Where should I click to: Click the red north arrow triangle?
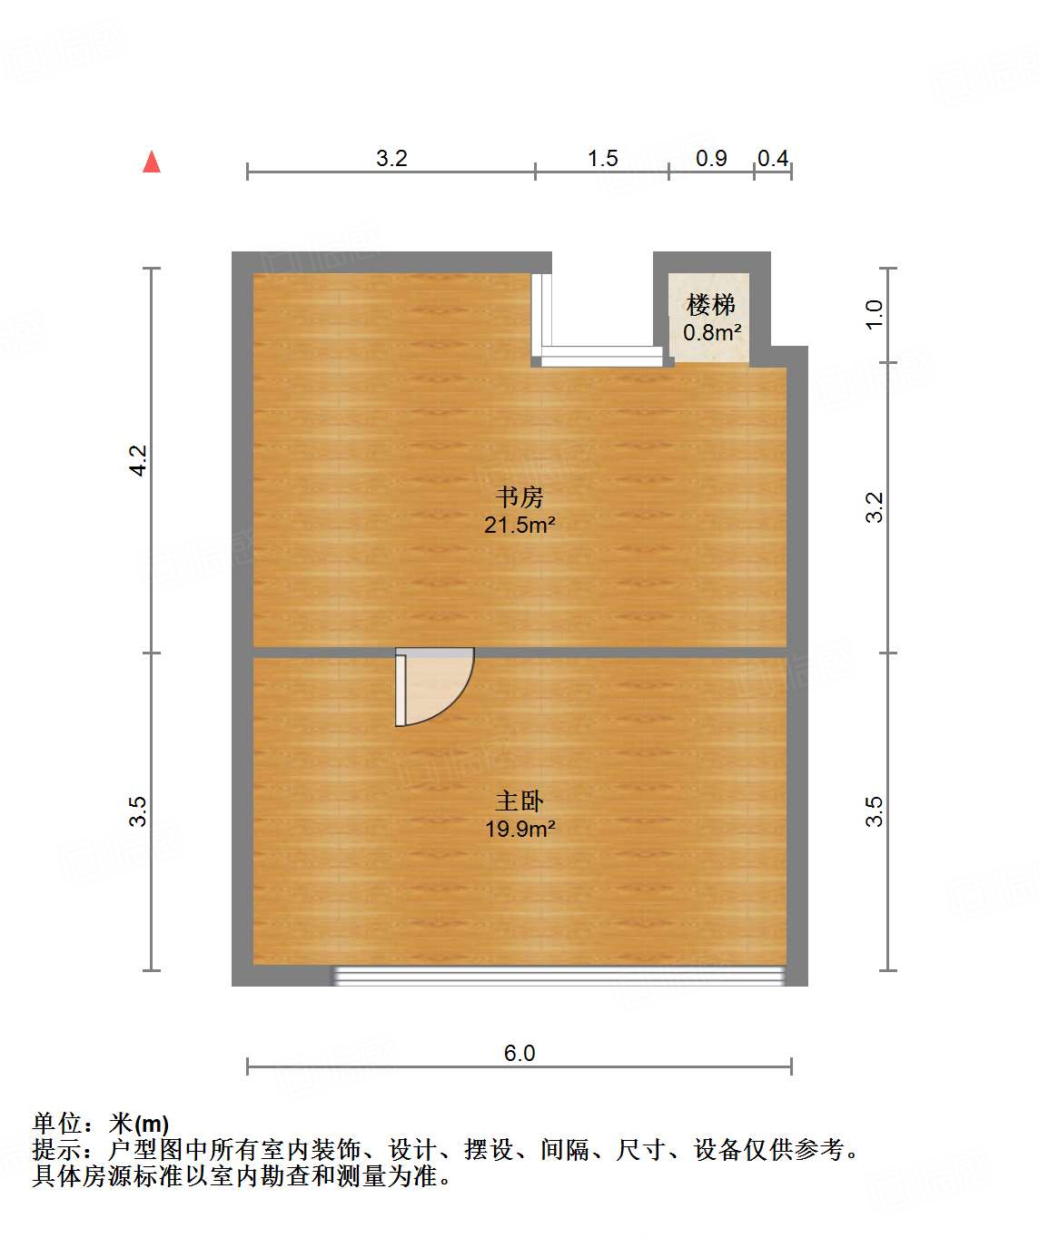pyautogui.click(x=152, y=162)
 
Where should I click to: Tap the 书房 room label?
pyautogui.click(x=519, y=497)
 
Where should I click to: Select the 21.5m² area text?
pyautogui.click(x=519, y=525)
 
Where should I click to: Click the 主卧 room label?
pyautogui.click(x=519, y=801)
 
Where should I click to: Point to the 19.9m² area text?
pyautogui.click(x=519, y=829)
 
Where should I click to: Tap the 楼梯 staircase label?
pyautogui.click(x=711, y=305)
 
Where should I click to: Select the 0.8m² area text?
pyautogui.click(x=712, y=332)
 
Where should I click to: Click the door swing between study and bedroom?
pyautogui.click(x=434, y=687)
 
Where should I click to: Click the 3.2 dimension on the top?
pyautogui.click(x=391, y=158)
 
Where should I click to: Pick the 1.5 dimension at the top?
pyautogui.click(x=602, y=159)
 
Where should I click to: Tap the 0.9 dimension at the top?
pyautogui.click(x=711, y=159)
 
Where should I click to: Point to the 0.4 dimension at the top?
pyautogui.click(x=773, y=159)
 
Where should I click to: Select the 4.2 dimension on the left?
pyautogui.click(x=138, y=460)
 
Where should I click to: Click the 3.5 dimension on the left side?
pyautogui.click(x=138, y=811)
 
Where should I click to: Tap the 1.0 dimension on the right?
pyautogui.click(x=874, y=314)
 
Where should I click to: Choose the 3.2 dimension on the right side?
pyautogui.click(x=874, y=506)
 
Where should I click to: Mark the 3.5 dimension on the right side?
pyautogui.click(x=874, y=811)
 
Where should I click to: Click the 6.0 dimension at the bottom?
pyautogui.click(x=519, y=1053)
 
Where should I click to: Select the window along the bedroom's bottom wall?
pyautogui.click(x=558, y=976)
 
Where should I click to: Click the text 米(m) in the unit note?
pyautogui.click(x=139, y=1125)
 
